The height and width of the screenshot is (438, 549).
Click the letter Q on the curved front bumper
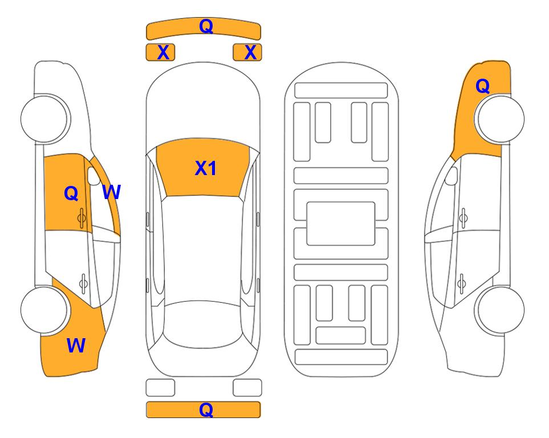pyautogui.click(x=206, y=26)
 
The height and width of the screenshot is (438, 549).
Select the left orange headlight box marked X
pyautogui.click(x=160, y=52)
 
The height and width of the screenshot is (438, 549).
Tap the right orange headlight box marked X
pyautogui.click(x=247, y=52)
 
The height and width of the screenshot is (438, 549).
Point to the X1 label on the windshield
pyautogui.click(x=206, y=168)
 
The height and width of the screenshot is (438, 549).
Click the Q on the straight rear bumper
pyautogui.click(x=206, y=409)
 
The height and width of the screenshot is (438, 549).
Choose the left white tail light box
pyautogui.click(x=160, y=388)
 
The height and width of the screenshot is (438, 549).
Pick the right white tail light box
pyautogui.click(x=247, y=388)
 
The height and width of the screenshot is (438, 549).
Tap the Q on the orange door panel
pyautogui.click(x=71, y=193)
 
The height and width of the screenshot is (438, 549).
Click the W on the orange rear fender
pyautogui.click(x=76, y=346)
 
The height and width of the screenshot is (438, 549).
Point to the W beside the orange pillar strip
pyautogui.click(x=112, y=192)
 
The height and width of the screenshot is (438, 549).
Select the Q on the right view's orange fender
pyautogui.click(x=482, y=86)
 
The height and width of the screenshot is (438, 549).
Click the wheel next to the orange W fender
pyautogui.click(x=44, y=310)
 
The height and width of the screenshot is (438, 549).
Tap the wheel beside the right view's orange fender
pyautogui.click(x=500, y=119)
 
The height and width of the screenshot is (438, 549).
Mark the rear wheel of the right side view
pyautogui.click(x=500, y=310)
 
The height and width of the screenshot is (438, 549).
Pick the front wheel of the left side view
pyautogui.click(x=44, y=119)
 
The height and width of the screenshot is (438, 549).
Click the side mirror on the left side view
pyautogui.click(x=93, y=176)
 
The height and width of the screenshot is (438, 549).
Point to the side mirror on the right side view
pyautogui.click(x=452, y=176)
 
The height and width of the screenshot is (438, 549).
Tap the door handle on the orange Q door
pyautogui.click(x=82, y=218)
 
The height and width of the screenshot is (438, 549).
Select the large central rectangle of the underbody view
pyautogui.click(x=341, y=224)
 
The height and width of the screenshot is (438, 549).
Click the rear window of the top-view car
pyautogui.click(x=203, y=324)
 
